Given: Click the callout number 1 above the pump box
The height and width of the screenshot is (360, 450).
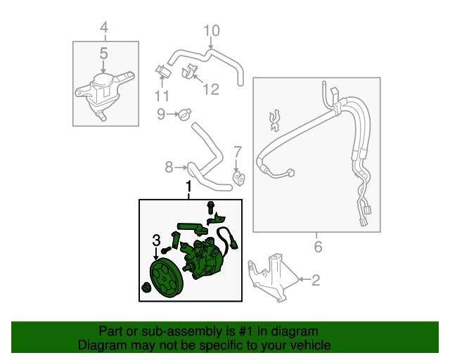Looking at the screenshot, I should pos(188,187).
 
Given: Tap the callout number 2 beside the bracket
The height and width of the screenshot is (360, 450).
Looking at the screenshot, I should pos(315,281).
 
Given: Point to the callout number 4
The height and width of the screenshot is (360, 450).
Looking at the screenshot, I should pos(104,28).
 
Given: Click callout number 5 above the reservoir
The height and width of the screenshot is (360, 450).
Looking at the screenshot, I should pos(103,53).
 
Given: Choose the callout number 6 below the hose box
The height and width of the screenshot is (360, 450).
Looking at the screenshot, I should pos(317,247).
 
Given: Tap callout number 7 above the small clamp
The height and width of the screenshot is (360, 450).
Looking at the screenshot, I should pos(237,152).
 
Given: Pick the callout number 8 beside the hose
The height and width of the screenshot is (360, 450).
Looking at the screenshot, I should pos(169,167).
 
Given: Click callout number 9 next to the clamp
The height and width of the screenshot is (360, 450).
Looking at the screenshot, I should pos(160,114).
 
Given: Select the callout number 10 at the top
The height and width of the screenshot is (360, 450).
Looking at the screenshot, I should pos(212,30).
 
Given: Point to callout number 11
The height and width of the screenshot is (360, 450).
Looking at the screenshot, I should pos(162,96).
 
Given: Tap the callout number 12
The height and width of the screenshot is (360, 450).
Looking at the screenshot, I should pos(211,89).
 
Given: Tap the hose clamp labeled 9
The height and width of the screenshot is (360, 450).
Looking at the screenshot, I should pos(184,113).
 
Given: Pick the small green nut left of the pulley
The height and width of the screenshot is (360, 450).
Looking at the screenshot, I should pos(146,287).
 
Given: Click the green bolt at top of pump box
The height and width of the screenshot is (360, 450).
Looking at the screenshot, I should pos(210,206).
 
